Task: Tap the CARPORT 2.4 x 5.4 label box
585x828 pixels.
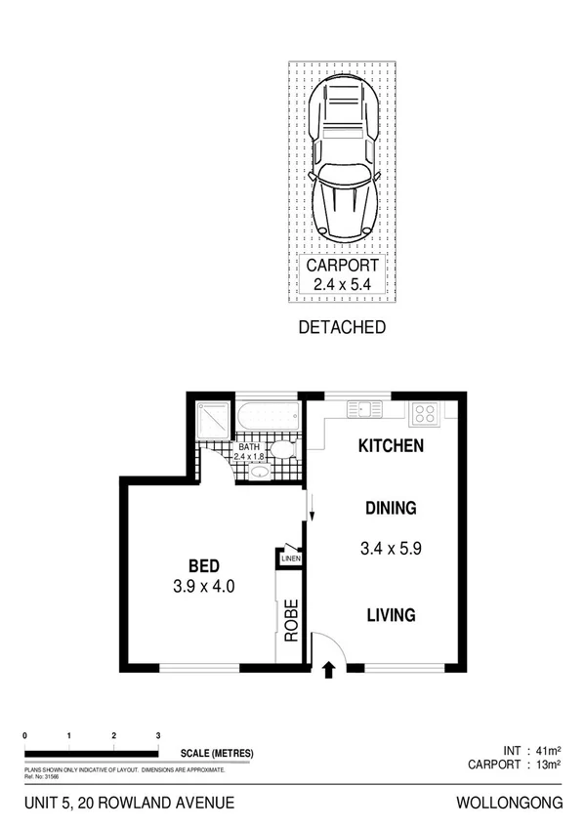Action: click(341, 274)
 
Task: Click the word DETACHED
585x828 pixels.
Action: click(341, 328)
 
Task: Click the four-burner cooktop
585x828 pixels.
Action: click(424, 412)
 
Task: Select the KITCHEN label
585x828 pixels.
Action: click(391, 446)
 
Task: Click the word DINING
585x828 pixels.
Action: click(391, 508)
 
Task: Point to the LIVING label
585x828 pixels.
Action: click(391, 615)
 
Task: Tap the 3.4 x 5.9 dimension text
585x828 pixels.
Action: click(391, 549)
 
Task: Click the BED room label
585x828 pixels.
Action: click(204, 565)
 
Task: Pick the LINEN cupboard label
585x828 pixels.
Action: click(291, 559)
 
